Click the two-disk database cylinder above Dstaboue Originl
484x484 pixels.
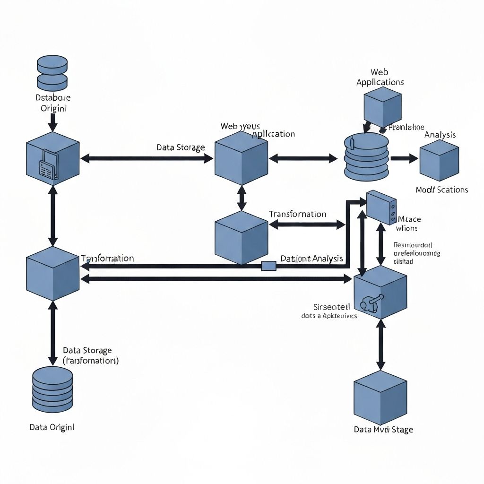52,73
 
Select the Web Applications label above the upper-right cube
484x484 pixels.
380,77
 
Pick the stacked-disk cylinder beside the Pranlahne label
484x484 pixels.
366,157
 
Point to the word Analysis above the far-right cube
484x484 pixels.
440,135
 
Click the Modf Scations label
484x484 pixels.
442,190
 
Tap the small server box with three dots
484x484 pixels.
381,207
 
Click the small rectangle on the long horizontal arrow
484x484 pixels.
268,266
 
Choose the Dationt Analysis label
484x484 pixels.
312,259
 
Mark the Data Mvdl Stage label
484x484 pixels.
383,430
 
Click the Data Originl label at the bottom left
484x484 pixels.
52,427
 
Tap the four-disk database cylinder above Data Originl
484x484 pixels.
52,389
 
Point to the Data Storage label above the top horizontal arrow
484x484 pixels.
181,147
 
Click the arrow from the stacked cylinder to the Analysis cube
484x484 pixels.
404,158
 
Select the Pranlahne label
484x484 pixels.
406,127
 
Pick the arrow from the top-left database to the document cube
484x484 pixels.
52,122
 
